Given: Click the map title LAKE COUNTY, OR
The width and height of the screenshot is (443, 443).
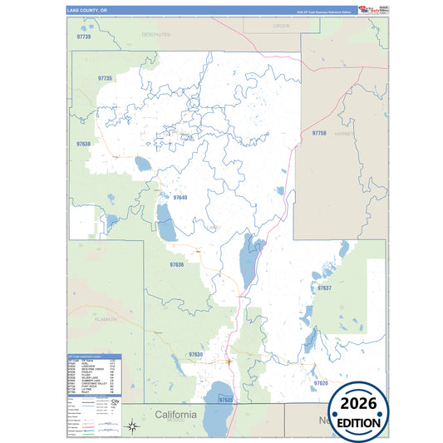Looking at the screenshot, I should (x=87, y=11).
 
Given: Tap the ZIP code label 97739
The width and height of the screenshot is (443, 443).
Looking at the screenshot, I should (x=83, y=37).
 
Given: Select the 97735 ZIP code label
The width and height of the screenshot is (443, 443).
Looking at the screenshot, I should (x=105, y=78).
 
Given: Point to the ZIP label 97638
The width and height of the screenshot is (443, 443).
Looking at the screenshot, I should (x=83, y=144).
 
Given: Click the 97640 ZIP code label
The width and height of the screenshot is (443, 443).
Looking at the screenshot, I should (x=180, y=198).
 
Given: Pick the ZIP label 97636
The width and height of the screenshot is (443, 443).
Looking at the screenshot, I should (x=176, y=264).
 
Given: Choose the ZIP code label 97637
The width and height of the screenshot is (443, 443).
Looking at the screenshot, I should (x=324, y=288).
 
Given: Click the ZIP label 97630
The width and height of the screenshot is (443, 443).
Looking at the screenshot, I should (x=195, y=355).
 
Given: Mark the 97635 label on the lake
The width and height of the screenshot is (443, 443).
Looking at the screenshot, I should (x=226, y=400).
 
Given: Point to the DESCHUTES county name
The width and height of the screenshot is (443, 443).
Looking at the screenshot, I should (x=155, y=35).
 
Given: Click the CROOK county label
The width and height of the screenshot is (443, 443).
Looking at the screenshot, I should (x=282, y=27).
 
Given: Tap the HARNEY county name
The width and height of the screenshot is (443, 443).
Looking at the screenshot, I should (x=344, y=133).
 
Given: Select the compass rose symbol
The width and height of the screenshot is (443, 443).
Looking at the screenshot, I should (x=131, y=426).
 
